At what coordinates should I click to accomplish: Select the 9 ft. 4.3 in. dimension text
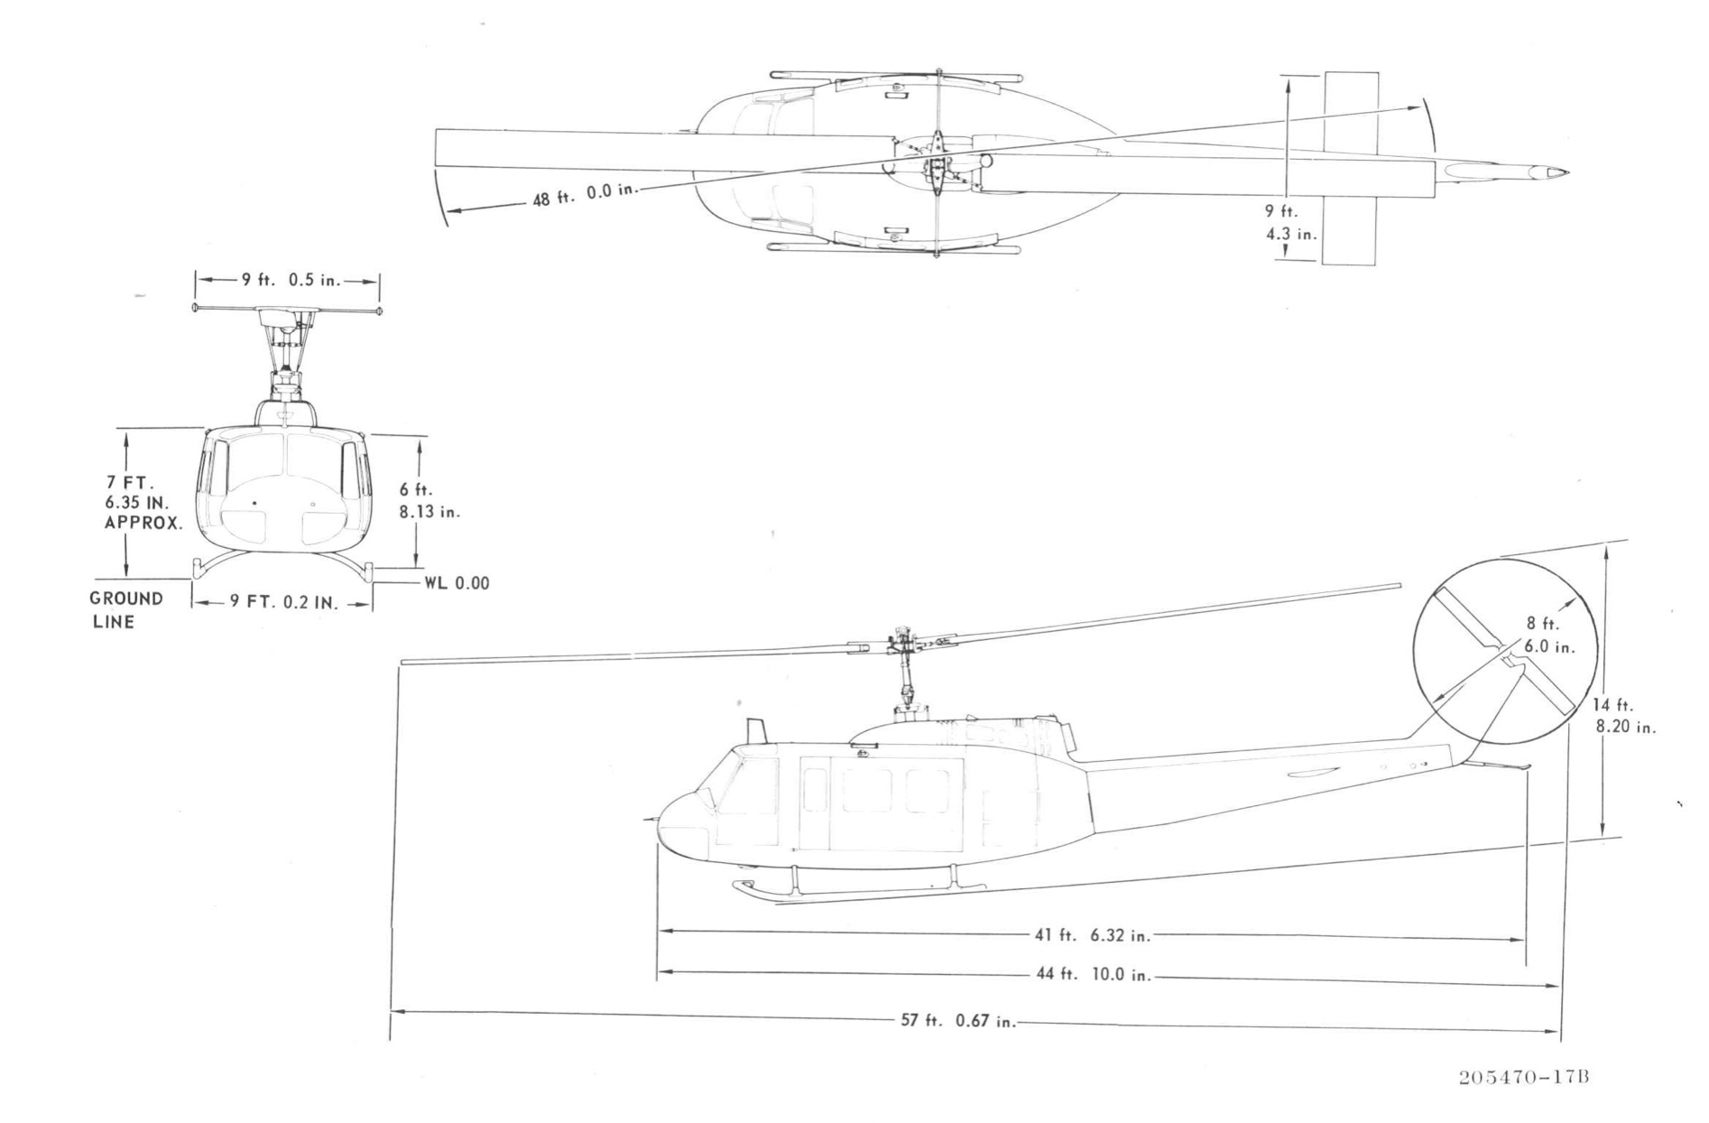pyautogui.click(x=1289, y=223)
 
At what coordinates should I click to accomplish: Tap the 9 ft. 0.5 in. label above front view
pyautogui.click(x=291, y=280)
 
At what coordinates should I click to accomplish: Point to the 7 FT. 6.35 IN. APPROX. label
pyautogui.click(x=143, y=503)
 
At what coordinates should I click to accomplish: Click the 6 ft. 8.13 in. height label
pyautogui.click(x=430, y=500)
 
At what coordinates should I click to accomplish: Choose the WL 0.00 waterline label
pyautogui.click(x=457, y=583)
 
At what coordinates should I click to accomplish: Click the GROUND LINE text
pyautogui.click(x=125, y=610)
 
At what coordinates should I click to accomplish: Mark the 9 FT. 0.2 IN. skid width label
pyautogui.click(x=283, y=602)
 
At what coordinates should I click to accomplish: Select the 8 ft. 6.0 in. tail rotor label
pyautogui.click(x=1549, y=636)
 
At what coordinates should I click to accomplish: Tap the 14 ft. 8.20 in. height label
pyautogui.click(x=1623, y=716)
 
